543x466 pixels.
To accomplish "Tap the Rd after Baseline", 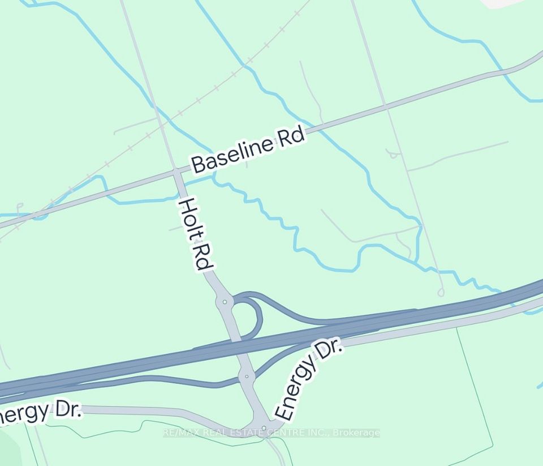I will pyautogui.click(x=290, y=137).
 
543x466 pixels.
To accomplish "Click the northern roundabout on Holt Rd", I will pyautogui.click(x=225, y=302).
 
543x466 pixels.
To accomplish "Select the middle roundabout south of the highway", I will pyautogui.click(x=247, y=376).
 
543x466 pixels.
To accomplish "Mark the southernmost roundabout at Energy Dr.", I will pyautogui.click(x=264, y=427).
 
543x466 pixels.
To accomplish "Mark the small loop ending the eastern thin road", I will pyautogui.click(x=441, y=292).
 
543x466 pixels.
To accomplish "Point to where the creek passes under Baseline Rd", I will pyautogui.click(x=214, y=177).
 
